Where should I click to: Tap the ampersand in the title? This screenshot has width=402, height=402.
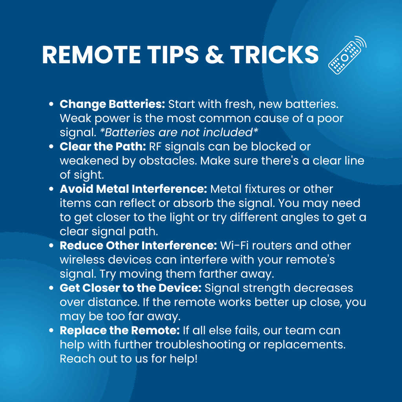coord(215,55)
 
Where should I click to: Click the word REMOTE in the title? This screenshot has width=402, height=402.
coord(91,55)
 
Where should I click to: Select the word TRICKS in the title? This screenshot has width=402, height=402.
coord(274,55)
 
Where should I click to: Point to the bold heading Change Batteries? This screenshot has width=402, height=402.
coord(112,104)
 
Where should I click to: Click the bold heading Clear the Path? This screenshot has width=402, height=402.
coord(103,147)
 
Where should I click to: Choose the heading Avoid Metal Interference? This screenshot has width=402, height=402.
coord(133,189)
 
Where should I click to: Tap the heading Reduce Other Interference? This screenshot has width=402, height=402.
coord(139,246)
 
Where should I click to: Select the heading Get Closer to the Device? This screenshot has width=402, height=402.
coord(130,288)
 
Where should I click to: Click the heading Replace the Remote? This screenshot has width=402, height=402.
coord(120,331)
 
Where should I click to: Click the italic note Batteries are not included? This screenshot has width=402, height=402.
coord(179,133)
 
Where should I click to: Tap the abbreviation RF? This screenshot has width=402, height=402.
coord(155,147)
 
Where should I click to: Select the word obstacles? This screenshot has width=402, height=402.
coord(168,161)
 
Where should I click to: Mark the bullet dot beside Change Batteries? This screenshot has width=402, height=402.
coord(51,104)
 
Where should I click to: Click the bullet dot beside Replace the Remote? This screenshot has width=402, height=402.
coord(51,331)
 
